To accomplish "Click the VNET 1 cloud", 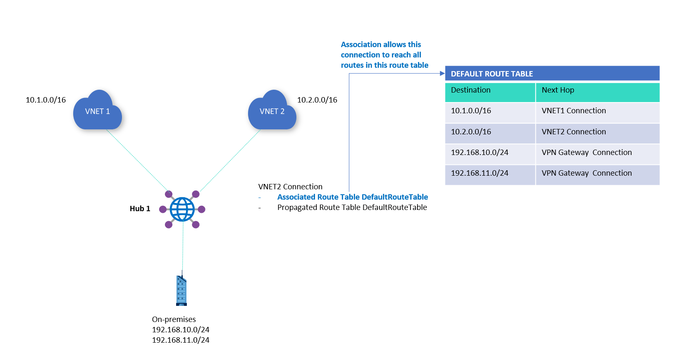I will tap(98, 111).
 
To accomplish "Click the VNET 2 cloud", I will tap(272, 111).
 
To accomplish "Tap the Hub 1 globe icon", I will tap(182, 209).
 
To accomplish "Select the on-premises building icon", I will tap(181, 291).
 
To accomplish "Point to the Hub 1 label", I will tap(140, 209).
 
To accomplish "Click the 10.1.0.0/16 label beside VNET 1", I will tap(46, 100).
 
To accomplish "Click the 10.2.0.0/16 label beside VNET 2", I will tap(317, 100).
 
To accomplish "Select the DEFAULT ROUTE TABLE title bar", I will tap(552, 74).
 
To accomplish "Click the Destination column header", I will tap(471, 90).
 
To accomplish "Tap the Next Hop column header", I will tap(558, 90).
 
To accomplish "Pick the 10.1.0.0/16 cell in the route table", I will tap(471, 111).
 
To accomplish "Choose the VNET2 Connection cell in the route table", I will tap(574, 132).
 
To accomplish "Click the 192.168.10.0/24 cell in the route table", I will tap(480, 153).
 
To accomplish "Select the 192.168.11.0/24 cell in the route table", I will tap(480, 173).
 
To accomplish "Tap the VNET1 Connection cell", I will tap(574, 111).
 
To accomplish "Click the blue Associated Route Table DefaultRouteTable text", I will tap(353, 197).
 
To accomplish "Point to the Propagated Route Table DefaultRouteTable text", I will tap(352, 207).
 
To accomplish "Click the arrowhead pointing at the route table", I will tap(442, 74).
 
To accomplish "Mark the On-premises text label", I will tap(174, 319).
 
